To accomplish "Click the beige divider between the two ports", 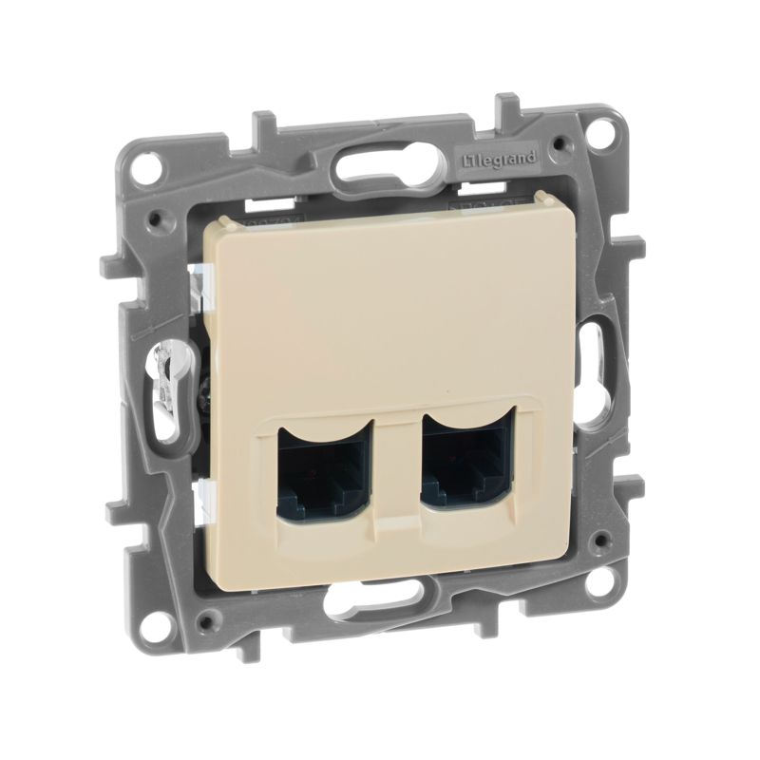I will [x=391, y=475].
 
